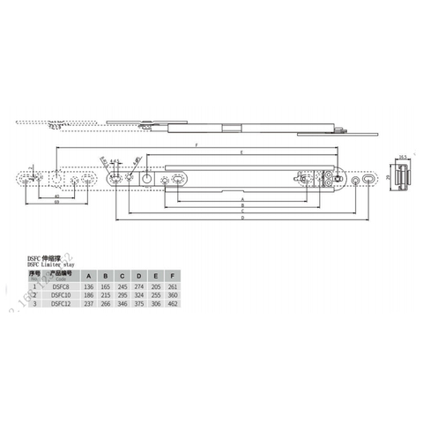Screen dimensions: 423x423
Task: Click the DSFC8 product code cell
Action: [x=61, y=286]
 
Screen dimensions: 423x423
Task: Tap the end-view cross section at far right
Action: [x=401, y=178]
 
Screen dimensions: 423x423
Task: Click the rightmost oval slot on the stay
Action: [x=356, y=180]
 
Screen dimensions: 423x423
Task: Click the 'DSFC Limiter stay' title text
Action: [x=50, y=263]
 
